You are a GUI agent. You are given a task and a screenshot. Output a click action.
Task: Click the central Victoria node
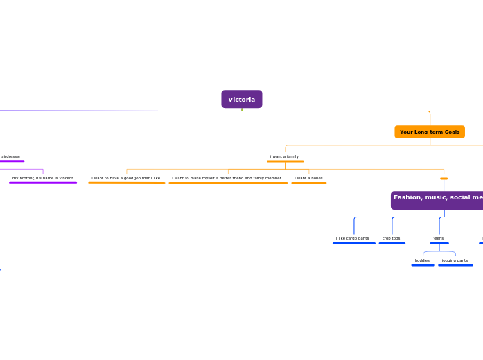241,100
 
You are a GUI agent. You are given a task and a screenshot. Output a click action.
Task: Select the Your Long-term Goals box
429,132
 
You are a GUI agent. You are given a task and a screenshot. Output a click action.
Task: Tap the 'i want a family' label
284,156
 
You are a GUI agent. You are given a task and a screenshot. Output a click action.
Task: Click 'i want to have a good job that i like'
126,178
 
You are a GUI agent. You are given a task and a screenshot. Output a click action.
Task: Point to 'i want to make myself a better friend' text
227,178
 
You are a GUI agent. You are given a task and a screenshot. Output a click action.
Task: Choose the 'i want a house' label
308,178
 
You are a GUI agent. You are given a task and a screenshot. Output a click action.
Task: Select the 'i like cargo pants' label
353,238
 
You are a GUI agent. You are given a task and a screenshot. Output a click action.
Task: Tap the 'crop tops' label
392,238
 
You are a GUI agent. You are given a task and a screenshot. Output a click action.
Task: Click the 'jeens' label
439,238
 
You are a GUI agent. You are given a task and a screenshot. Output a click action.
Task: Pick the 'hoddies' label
422,260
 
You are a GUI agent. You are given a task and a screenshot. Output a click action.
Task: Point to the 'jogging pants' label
455,260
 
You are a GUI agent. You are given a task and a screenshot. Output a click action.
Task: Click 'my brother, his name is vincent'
43,178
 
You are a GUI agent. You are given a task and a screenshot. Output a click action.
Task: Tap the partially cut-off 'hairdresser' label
10,156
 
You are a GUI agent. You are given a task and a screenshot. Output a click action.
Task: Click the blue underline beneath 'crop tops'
392,243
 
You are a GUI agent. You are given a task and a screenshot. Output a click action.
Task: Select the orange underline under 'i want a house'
308,183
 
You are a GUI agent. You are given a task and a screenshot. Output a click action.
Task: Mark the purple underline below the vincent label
43,183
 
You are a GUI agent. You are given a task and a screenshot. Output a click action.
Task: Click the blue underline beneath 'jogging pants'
455,265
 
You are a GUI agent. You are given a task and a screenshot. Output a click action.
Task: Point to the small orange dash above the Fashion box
444,179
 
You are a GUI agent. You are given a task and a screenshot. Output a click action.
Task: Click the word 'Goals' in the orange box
451,132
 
